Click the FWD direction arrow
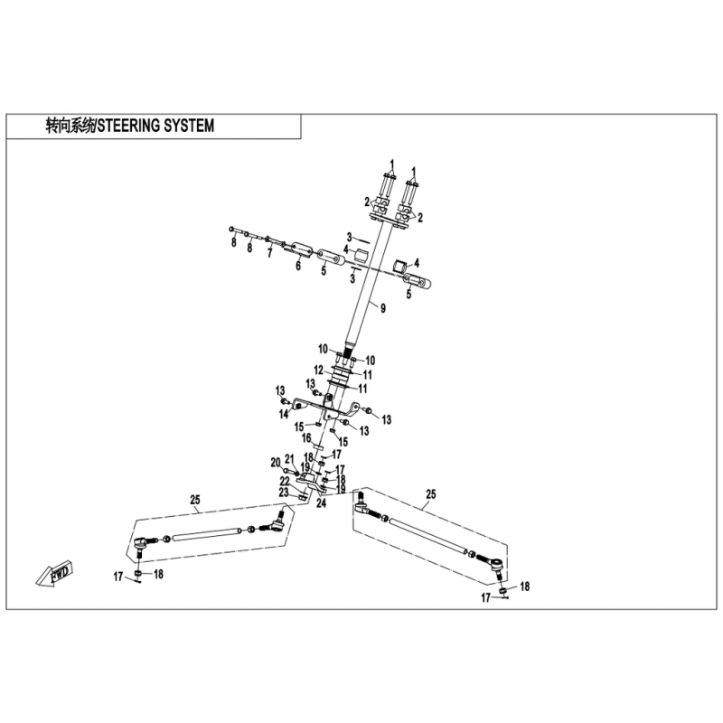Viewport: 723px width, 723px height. tap(54, 573)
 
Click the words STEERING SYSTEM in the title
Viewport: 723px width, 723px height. tap(155, 126)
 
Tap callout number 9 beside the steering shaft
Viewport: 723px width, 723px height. tap(383, 308)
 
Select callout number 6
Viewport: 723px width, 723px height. tap(298, 266)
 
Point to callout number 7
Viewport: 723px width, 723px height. tap(270, 253)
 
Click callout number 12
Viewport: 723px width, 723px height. tap(319, 370)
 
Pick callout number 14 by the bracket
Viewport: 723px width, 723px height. tap(284, 415)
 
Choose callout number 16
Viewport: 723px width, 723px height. tap(306, 437)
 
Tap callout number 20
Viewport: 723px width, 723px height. tap(276, 463)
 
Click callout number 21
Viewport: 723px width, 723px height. tap(289, 459)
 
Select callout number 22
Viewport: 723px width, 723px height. tap(285, 482)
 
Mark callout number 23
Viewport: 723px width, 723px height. tap(283, 493)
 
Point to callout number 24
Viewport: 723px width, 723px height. tap(322, 503)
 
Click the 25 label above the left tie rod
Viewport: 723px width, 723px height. tap(195, 500)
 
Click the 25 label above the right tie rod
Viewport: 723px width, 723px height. tap(431, 494)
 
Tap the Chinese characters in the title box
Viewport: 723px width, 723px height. tap(70, 126)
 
